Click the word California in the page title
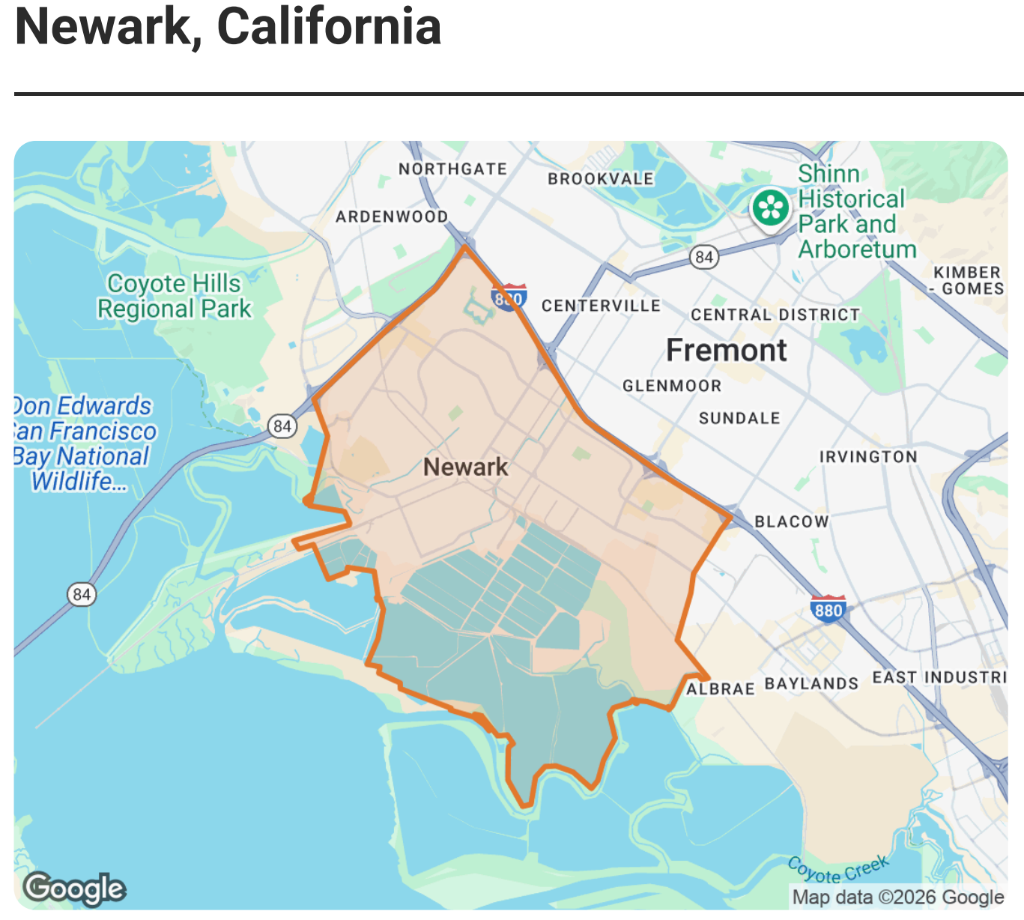pyautogui.click(x=329, y=27)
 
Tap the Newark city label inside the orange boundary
pyautogui.click(x=465, y=467)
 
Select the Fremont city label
pyautogui.click(x=726, y=350)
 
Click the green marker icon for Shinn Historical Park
pyautogui.click(x=771, y=208)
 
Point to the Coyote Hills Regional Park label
pyautogui.click(x=174, y=296)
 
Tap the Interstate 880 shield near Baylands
pyautogui.click(x=828, y=609)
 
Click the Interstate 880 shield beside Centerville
pyautogui.click(x=509, y=297)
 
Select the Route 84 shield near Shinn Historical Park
pyautogui.click(x=703, y=258)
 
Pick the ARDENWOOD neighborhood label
pyautogui.click(x=391, y=217)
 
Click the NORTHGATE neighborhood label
pyautogui.click(x=452, y=169)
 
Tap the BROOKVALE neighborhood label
pyautogui.click(x=600, y=179)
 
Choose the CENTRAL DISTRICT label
pyautogui.click(x=775, y=315)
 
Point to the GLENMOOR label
pyautogui.click(x=672, y=386)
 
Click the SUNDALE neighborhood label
pyautogui.click(x=739, y=418)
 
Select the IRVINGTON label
pyautogui.click(x=867, y=457)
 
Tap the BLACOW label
pyautogui.click(x=791, y=521)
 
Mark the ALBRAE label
pyautogui.click(x=720, y=689)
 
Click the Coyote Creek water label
pyautogui.click(x=838, y=870)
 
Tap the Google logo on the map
pyautogui.click(x=74, y=889)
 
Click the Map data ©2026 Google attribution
pyautogui.click(x=897, y=897)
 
